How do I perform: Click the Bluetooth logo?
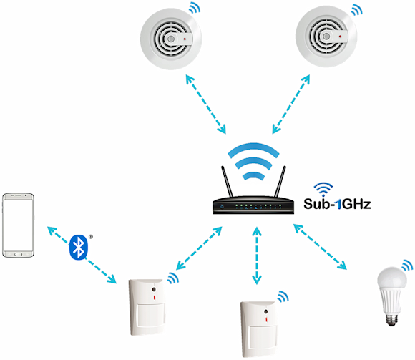[78, 247]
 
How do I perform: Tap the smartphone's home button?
[19, 254]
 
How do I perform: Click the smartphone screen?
[18, 225]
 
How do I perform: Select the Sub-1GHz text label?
[337, 204]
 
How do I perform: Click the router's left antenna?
[227, 182]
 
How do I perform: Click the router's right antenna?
[280, 182]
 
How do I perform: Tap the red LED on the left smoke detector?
[185, 39]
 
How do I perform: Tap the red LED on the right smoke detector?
[341, 37]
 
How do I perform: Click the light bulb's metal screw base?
[392, 320]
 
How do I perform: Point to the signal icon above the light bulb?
[407, 266]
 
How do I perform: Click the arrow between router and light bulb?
[320, 247]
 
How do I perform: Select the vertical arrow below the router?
[256, 256]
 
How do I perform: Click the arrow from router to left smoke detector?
[205, 104]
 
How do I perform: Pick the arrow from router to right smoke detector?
[291, 104]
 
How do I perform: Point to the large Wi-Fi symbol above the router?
[253, 162]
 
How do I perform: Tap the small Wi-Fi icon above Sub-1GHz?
[323, 188]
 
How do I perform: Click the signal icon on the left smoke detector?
[195, 8]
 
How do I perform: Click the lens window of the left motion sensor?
[150, 315]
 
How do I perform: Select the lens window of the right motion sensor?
[263, 337]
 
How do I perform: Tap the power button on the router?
[222, 207]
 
